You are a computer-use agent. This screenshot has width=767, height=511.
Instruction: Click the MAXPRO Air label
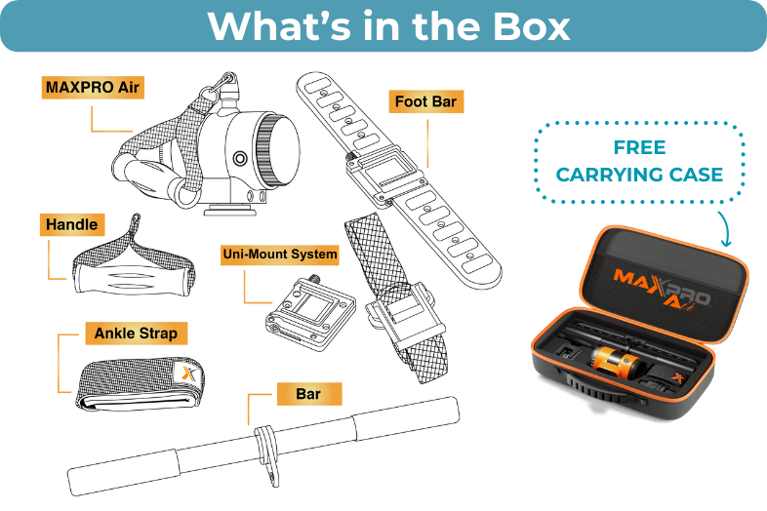click(x=93, y=88)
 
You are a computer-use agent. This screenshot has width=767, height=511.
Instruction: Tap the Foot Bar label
click(x=425, y=101)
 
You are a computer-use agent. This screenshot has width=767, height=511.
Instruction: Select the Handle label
click(x=72, y=224)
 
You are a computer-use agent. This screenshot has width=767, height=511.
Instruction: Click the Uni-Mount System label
click(x=280, y=255)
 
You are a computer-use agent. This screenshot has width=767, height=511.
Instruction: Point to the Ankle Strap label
click(x=136, y=334)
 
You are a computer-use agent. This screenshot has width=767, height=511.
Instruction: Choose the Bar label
click(x=308, y=394)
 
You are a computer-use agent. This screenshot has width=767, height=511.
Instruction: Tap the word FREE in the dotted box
click(x=639, y=147)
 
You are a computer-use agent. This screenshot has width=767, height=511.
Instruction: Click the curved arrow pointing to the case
click(x=724, y=228)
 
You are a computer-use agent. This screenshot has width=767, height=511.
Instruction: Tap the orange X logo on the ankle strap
click(x=188, y=373)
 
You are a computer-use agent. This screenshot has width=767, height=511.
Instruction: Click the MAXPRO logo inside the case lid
click(x=663, y=290)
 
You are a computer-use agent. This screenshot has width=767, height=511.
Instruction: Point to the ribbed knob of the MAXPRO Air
click(x=266, y=151)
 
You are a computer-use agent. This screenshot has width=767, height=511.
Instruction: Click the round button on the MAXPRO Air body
click(x=240, y=158)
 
